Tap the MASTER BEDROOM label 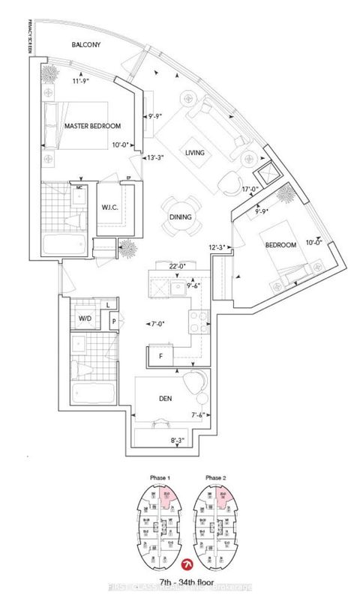click(92, 126)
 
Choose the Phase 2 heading click(216, 477)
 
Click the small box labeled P click(113, 321)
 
